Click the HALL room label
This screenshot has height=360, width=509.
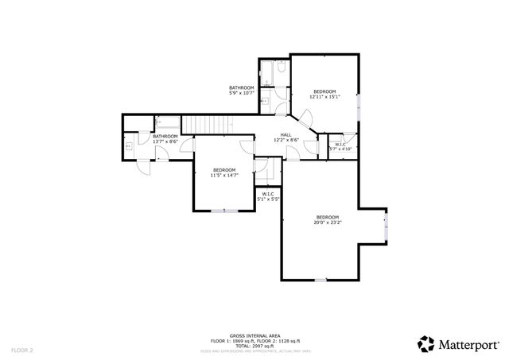coord(286,134)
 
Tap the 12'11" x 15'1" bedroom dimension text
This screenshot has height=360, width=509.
coord(324,98)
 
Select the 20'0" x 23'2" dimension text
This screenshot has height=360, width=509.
coord(327,223)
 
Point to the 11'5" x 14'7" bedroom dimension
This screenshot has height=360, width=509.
coord(223,175)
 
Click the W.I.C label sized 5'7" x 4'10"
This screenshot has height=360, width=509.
coord(340,145)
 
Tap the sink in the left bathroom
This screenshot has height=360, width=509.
coord(129,146)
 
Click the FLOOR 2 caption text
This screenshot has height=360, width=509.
coord(22,349)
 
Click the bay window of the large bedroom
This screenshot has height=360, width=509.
coord(385,228)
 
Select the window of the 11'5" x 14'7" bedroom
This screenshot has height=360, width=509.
coord(223,210)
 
